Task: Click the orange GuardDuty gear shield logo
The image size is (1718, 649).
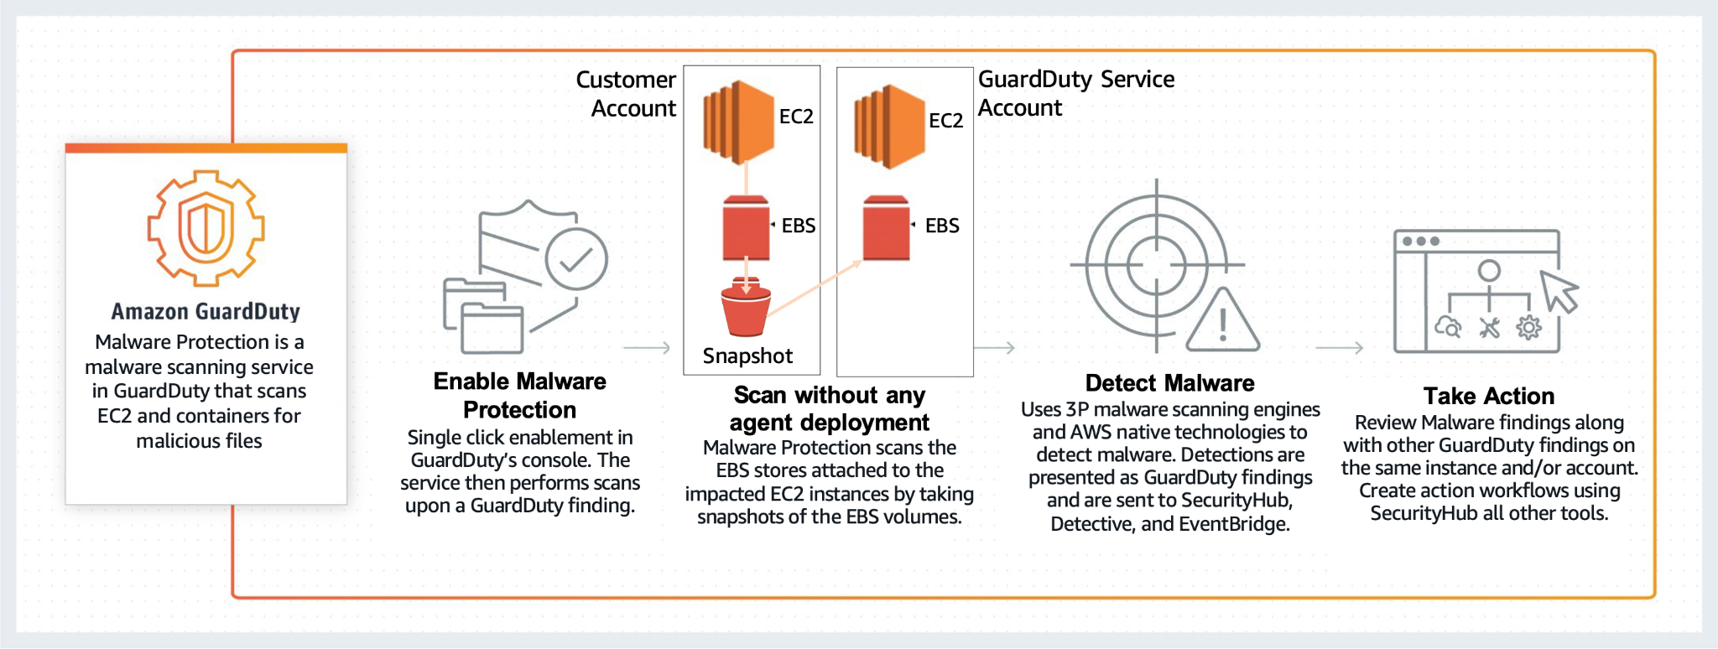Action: tap(206, 228)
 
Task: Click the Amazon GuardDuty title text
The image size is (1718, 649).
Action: tap(206, 312)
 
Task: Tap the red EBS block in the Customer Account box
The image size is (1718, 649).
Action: tap(746, 227)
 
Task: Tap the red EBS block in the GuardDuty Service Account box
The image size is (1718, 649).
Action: tap(887, 227)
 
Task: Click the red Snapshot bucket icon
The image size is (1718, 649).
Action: tap(746, 308)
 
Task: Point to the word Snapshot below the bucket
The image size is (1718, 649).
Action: tap(747, 356)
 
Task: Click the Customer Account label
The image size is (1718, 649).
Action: tap(628, 94)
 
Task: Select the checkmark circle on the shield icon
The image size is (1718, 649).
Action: tap(576, 259)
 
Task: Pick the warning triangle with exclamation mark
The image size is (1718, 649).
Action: tap(1223, 322)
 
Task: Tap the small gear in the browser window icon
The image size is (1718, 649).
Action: tap(1528, 328)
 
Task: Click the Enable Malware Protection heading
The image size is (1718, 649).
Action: tap(520, 396)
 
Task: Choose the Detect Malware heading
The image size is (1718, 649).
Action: tap(1169, 383)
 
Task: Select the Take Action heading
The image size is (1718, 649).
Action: tap(1489, 396)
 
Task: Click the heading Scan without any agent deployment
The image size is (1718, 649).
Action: tap(830, 408)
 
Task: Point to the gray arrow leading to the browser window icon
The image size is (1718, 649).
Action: tap(1339, 347)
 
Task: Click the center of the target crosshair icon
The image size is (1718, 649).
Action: tap(1157, 265)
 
